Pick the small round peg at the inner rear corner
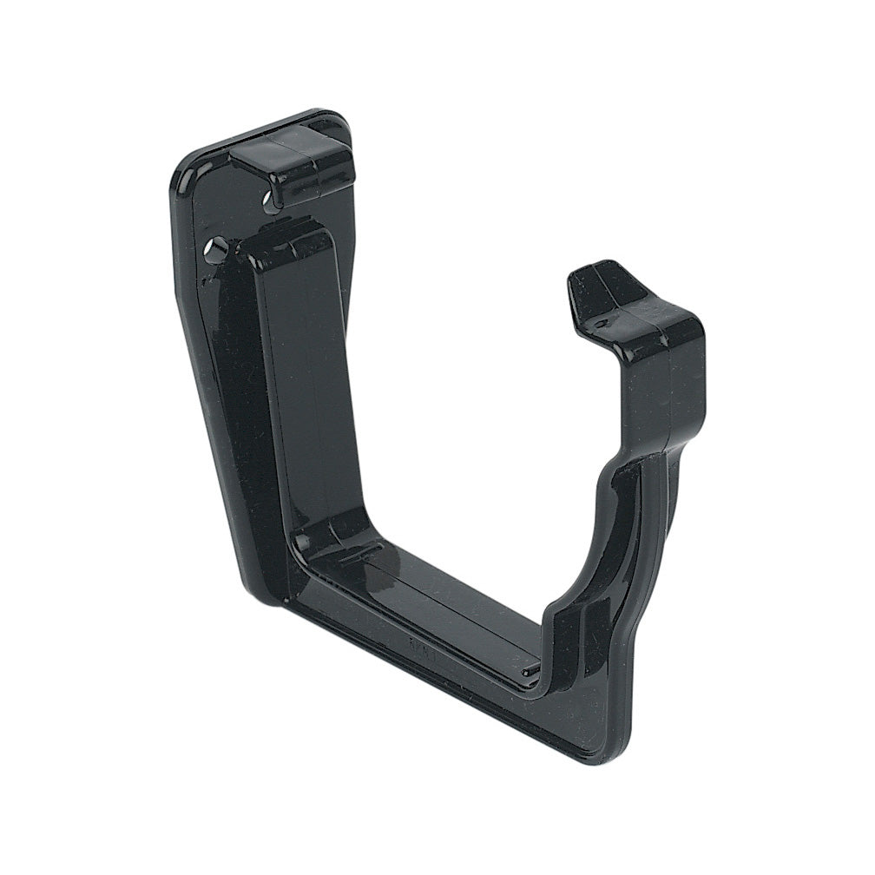tap(301, 544)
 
